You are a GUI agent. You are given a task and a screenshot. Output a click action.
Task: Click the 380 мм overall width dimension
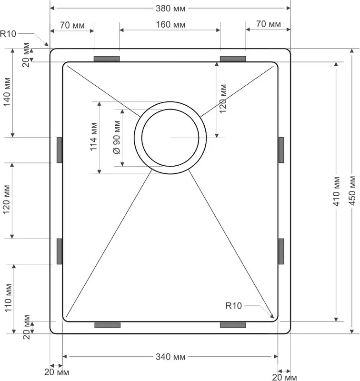coord(170,9)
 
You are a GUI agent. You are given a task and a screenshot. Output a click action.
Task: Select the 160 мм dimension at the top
coord(170,25)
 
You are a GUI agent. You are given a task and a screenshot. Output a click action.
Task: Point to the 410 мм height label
coord(336,191)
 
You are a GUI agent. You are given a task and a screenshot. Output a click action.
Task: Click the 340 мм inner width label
coord(170,357)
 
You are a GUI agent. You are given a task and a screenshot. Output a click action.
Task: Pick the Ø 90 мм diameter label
coord(117,137)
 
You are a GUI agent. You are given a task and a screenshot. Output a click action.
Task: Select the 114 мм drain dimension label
coord(93,137)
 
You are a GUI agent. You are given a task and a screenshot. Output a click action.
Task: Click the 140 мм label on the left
coord(7,92)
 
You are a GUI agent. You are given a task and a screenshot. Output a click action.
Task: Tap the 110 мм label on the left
coord(8,298)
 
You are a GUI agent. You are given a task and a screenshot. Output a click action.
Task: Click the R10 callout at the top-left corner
coord(8,33)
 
